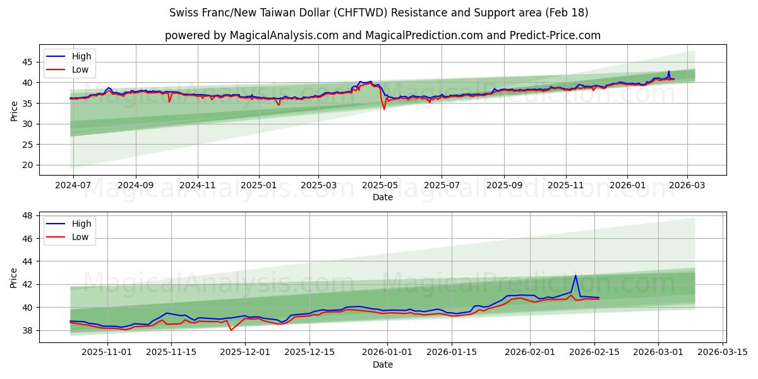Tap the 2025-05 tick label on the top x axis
pyautogui.click(x=380, y=185)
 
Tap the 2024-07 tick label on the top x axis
pyautogui.click(x=73, y=185)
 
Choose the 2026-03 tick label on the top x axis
pyautogui.click(x=687, y=185)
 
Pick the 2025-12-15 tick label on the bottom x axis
pyautogui.click(x=309, y=352)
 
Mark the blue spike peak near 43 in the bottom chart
pyautogui.click(x=575, y=275)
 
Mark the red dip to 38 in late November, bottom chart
pyautogui.click(x=231, y=330)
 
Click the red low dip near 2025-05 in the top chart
pyautogui.click(x=384, y=109)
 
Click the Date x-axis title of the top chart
pyautogui.click(x=383, y=197)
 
